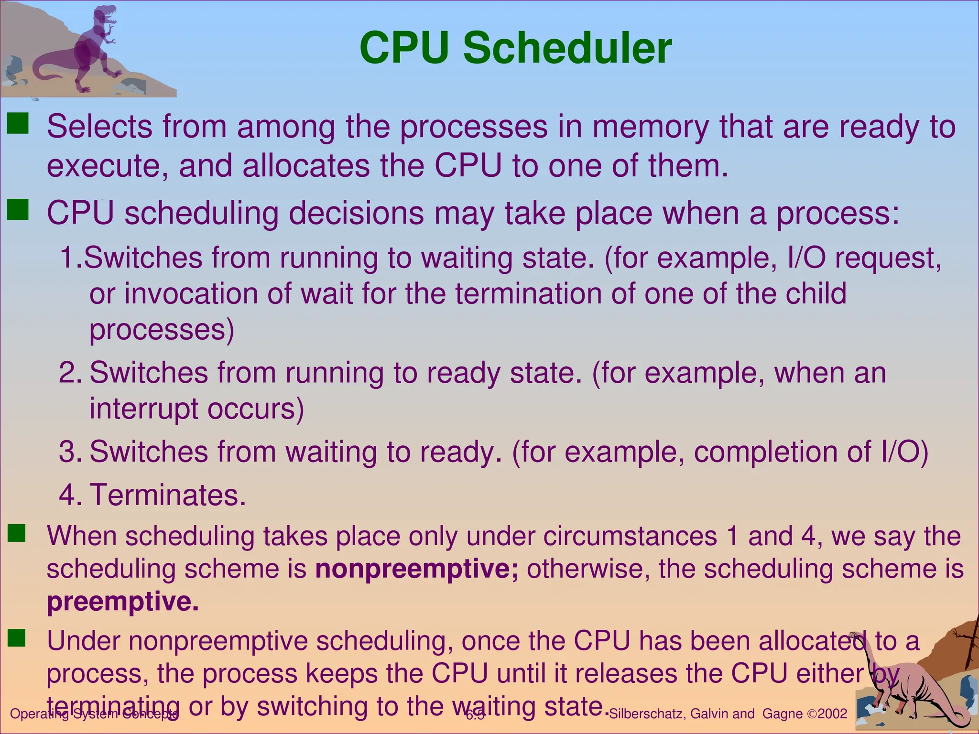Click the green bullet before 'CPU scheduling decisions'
coord(19,210)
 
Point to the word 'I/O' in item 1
coord(805,258)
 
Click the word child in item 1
coord(816,293)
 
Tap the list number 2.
coord(70,373)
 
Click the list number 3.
coord(70,452)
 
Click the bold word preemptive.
coord(122,602)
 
